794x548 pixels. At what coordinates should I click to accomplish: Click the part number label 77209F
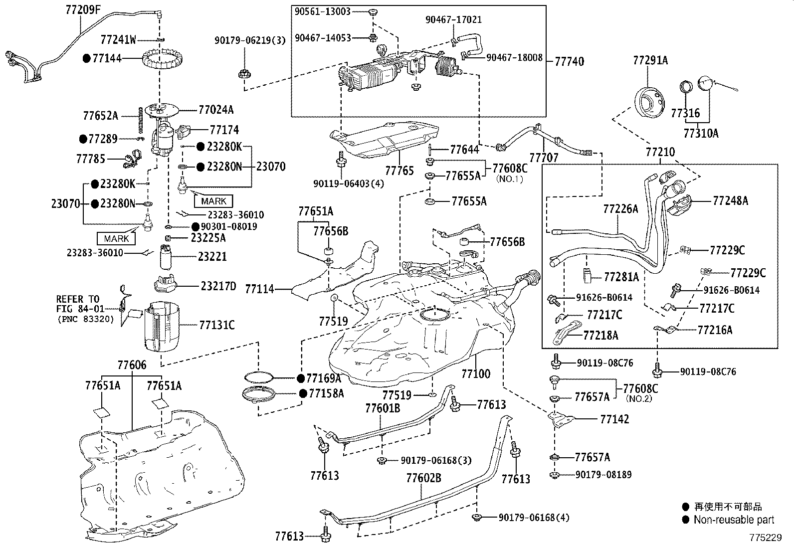point(83,9)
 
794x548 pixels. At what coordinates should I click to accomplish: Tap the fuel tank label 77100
point(476,373)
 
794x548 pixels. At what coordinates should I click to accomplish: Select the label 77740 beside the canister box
point(569,61)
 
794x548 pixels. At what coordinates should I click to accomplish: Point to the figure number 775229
point(766,538)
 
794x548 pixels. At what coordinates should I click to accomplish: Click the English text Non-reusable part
point(734,520)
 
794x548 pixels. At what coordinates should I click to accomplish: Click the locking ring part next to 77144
point(163,60)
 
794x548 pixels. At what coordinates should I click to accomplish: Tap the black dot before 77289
point(83,139)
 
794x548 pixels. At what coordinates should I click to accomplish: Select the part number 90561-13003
point(323,11)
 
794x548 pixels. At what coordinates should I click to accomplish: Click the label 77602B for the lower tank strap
point(423,478)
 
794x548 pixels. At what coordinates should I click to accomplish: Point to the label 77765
point(399,171)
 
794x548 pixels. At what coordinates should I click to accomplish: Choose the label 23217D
point(218,286)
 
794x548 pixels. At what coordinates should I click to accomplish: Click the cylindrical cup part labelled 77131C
point(163,326)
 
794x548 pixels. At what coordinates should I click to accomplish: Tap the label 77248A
point(730,200)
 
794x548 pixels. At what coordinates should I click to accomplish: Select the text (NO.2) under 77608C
point(639,398)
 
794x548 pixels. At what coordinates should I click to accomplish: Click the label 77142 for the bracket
point(614,419)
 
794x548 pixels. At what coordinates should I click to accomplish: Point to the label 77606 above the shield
point(132,365)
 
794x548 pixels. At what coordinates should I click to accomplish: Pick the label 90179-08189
point(603,474)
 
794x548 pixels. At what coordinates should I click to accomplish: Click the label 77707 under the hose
point(544,158)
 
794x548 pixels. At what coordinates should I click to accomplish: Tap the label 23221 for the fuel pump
point(212,256)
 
